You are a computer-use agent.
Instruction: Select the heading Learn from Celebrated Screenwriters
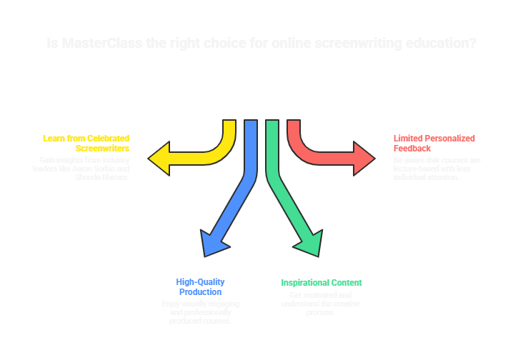coord(86,143)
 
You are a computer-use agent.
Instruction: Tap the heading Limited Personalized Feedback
coord(434,143)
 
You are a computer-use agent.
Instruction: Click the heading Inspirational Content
coord(322,283)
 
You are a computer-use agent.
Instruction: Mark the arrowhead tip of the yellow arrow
coord(151,156)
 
